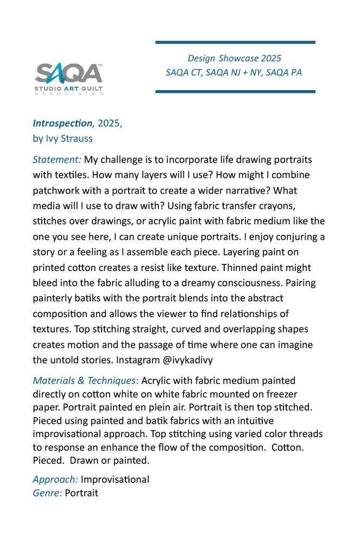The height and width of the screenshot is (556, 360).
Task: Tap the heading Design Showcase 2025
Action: point(234,58)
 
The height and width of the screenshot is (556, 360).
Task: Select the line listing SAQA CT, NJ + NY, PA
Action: point(233,72)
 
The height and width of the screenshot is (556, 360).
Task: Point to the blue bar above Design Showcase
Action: point(235,42)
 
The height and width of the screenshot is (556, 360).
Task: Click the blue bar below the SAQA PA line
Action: point(235,91)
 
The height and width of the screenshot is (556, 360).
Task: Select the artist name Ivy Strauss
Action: point(68,138)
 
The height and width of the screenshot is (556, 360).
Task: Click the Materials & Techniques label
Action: point(84,381)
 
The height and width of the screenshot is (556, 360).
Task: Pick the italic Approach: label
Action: point(55,479)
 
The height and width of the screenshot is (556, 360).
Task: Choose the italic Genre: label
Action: point(47,493)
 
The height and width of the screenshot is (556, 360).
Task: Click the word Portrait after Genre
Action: point(81,493)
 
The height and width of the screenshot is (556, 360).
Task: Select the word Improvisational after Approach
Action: point(115,479)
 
